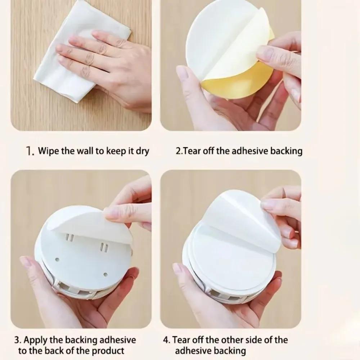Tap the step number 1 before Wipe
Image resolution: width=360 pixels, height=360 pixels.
30,150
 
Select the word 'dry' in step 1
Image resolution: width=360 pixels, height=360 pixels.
142,150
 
